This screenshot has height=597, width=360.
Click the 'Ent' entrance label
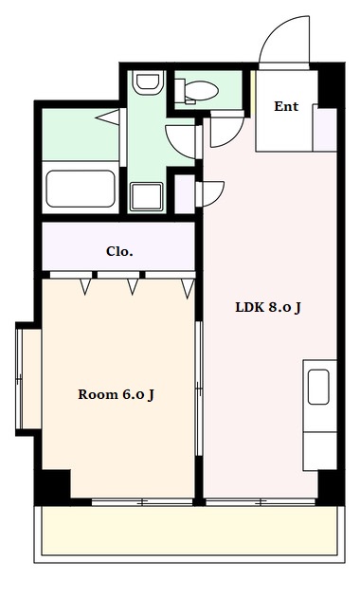[x=286, y=106]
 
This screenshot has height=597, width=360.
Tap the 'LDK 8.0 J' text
[x=268, y=307]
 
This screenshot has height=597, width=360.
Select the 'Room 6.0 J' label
[x=117, y=394]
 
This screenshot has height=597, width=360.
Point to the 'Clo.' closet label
[x=119, y=251]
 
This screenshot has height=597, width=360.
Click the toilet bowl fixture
[x=197, y=92]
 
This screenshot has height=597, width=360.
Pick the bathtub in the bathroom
[x=81, y=189]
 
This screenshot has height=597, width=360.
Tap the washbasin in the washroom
[x=148, y=82]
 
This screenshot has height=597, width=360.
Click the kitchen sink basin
[x=318, y=387]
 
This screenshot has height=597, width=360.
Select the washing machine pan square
[x=147, y=196]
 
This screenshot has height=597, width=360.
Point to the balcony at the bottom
[x=189, y=531]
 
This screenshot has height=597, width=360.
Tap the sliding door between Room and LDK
[x=199, y=389]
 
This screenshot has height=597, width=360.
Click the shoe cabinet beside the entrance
[x=325, y=130]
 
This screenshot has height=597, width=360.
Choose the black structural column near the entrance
[x=331, y=85]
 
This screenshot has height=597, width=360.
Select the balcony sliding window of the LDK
[x=261, y=502]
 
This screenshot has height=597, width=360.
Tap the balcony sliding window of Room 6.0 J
[x=142, y=502]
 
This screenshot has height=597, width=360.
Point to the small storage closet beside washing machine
[x=185, y=194]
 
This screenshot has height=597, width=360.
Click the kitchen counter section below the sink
[x=319, y=451]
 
